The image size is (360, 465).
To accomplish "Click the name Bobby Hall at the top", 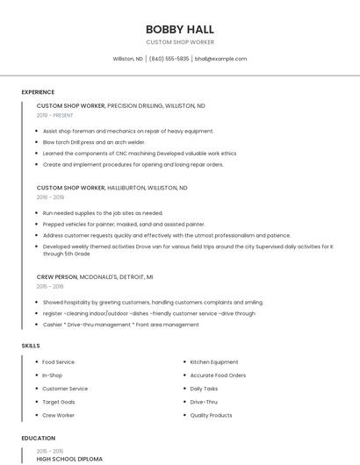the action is [179, 29].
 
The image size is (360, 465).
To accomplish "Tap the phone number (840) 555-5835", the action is [169, 59].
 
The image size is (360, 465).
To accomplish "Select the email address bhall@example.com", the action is [220, 59].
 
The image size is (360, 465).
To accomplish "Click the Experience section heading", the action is [38, 92].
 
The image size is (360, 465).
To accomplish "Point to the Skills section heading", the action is [31, 346].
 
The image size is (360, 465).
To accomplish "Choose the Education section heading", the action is [38, 437].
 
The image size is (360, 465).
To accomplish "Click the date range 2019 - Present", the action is [55, 115].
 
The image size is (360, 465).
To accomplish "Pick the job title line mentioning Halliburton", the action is [112, 188].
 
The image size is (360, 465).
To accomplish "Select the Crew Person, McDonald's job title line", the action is [95, 275].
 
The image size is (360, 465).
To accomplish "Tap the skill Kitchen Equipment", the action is [214, 361].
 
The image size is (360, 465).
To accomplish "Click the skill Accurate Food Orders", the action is [218, 375].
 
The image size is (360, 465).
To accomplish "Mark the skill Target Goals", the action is [58, 401].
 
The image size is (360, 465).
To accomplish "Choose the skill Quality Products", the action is [211, 415].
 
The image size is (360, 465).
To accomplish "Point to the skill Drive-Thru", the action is [204, 401].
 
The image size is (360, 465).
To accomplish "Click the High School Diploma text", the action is [69, 459].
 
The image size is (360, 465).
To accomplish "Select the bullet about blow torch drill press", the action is [94, 141].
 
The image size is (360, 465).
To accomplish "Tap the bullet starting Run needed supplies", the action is [103, 212].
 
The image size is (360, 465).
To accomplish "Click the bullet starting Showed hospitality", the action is [153, 301].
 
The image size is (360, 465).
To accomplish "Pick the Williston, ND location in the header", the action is [127, 59].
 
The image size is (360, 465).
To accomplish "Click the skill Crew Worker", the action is [58, 415].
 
